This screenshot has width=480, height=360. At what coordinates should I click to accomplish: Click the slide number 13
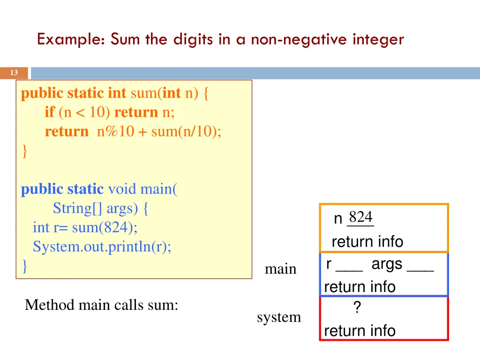pyautogui.click(x=14, y=73)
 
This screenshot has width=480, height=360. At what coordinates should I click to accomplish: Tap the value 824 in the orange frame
pyautogui.click(x=360, y=217)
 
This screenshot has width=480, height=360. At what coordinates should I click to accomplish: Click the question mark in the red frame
pyautogui.click(x=357, y=308)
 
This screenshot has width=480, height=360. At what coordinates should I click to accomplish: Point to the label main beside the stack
pyautogui.click(x=280, y=269)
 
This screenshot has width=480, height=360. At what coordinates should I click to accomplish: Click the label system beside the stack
pyautogui.click(x=279, y=317)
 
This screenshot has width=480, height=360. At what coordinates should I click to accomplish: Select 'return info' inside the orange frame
pyautogui.click(x=367, y=242)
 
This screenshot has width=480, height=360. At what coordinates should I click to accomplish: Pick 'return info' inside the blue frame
pyautogui.click(x=360, y=287)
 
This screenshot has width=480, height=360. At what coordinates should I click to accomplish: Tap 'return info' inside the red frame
pyautogui.click(x=360, y=331)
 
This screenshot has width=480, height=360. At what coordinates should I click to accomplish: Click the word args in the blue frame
pyautogui.click(x=387, y=264)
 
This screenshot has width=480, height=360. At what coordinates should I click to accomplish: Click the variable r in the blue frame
pyautogui.click(x=329, y=264)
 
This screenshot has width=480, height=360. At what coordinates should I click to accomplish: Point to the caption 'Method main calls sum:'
pyautogui.click(x=101, y=305)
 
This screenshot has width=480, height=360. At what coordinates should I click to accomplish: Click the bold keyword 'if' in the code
pyautogui.click(x=50, y=112)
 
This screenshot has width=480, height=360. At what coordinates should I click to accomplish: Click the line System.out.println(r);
pyautogui.click(x=102, y=247)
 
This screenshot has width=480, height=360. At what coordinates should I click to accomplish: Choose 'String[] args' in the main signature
pyautogui.click(x=96, y=208)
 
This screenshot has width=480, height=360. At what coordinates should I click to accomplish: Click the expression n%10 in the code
pyautogui.click(x=115, y=132)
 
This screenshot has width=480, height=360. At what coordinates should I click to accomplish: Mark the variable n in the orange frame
pyautogui.click(x=338, y=219)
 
